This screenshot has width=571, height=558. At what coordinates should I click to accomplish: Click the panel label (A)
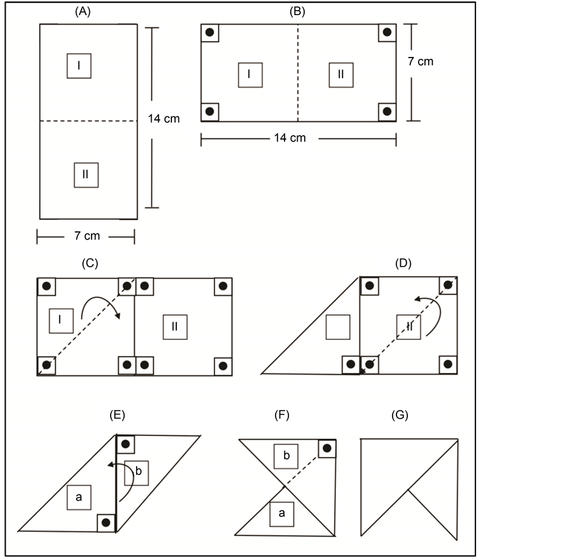tap(83, 11)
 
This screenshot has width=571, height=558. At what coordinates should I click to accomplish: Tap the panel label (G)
tap(400, 415)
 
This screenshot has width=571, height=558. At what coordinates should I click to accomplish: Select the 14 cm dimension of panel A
tap(164, 119)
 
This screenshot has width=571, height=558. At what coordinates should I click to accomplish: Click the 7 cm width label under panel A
tap(87, 236)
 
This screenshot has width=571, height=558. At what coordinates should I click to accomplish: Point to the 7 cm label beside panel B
tap(421, 61)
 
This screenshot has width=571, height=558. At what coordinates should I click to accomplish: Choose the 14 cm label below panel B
tap(290, 138)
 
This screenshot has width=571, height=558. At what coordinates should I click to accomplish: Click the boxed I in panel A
tap(79, 66)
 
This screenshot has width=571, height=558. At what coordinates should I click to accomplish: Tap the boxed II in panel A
tap(86, 175)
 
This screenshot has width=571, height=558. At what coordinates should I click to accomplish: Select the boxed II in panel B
tap(341, 75)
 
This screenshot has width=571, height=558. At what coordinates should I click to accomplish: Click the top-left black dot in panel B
tap(210, 32)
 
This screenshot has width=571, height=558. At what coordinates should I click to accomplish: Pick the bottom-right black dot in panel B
tap(387, 111)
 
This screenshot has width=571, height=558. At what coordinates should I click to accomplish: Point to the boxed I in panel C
tap(61, 320)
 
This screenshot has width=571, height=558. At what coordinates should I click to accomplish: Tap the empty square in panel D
tap(338, 327)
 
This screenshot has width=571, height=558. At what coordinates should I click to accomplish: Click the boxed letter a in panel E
tap(79, 497)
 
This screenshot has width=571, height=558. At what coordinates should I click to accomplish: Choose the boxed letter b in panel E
tap(137, 473)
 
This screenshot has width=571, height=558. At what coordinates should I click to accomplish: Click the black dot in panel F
tap(327, 448)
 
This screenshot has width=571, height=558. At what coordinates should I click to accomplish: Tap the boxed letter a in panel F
tap(282, 514)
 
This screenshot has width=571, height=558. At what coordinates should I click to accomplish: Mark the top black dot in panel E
tap(126, 444)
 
